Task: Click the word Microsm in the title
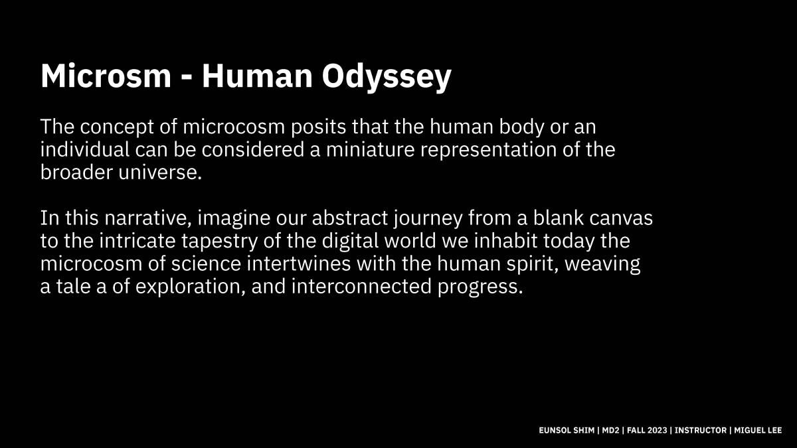pos(106,76)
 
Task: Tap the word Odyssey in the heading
pos(387,78)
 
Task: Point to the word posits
pos(318,127)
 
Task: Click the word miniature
pos(370,150)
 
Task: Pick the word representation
pos(488,151)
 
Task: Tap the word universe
pos(160,173)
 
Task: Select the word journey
pos(428,219)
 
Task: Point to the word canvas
pos(620,218)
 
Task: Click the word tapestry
pos(219,242)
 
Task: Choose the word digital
pos(350,242)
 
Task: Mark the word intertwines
pos(298,264)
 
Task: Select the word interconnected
pos(361,287)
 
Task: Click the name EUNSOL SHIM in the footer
pos(567,430)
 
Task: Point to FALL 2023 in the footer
pos(647,430)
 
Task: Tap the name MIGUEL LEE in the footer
pos(758,430)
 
